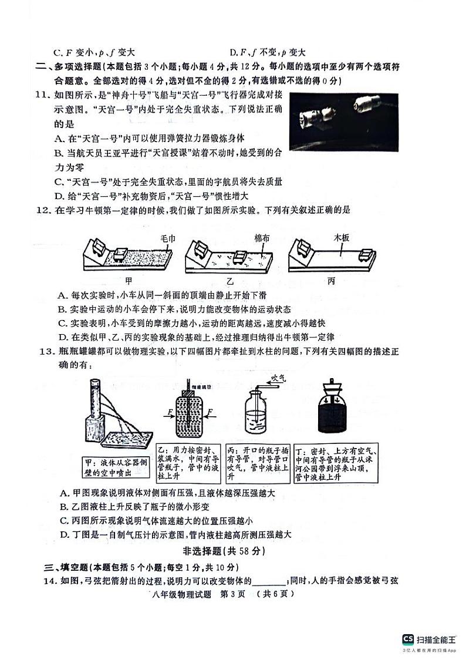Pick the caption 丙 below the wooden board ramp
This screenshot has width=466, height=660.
coord(330,281)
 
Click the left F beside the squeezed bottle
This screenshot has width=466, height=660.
coord(170,413)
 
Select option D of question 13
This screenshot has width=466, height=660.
coord(175,534)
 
